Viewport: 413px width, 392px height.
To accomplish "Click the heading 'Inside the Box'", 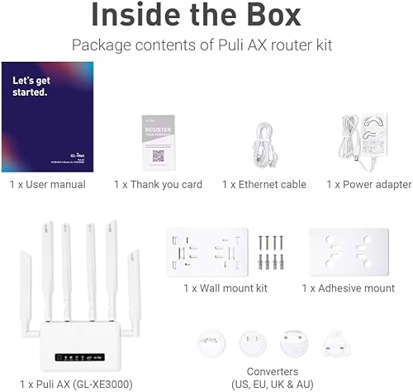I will click(206, 17).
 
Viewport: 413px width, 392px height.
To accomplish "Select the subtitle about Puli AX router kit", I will click(206, 45).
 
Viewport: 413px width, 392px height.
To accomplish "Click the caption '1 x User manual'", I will click(47, 184).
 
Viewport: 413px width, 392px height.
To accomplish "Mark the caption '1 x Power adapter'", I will click(368, 184).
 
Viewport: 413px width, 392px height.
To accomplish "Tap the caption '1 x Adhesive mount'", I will click(348, 288).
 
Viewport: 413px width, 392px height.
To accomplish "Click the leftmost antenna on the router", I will click(22, 289).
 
